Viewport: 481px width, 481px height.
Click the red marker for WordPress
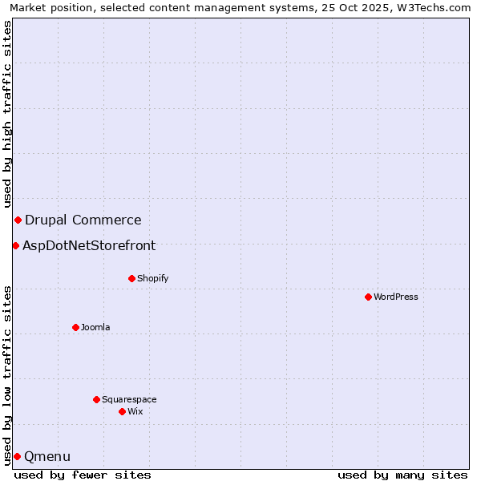[x=368, y=297]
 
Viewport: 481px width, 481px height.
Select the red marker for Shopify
[x=131, y=278]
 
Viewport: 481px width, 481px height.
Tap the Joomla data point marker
[x=75, y=327]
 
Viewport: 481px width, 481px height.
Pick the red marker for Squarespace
[x=96, y=399]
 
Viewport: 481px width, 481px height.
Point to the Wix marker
[x=122, y=411]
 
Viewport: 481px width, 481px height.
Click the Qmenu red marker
[x=17, y=456]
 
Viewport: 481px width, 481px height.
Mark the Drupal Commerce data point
[x=18, y=220]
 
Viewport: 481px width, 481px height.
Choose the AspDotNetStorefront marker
[x=15, y=245]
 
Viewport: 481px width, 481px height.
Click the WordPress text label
[x=396, y=297]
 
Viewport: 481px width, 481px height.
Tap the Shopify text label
[x=152, y=278]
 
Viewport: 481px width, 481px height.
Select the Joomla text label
[x=95, y=327]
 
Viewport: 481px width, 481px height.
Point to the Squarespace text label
[x=129, y=399]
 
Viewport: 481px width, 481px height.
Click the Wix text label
[x=135, y=411]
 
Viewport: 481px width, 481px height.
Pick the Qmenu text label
[x=47, y=457]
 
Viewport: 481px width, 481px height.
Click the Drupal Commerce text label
[x=83, y=220]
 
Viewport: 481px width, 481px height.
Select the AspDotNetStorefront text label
[x=89, y=246]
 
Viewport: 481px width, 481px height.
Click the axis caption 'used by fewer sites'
[x=83, y=475]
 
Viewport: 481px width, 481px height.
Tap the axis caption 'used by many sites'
[x=402, y=475]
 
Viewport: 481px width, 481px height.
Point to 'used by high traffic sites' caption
[x=7, y=114]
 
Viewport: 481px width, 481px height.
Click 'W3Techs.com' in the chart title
[x=439, y=7]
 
